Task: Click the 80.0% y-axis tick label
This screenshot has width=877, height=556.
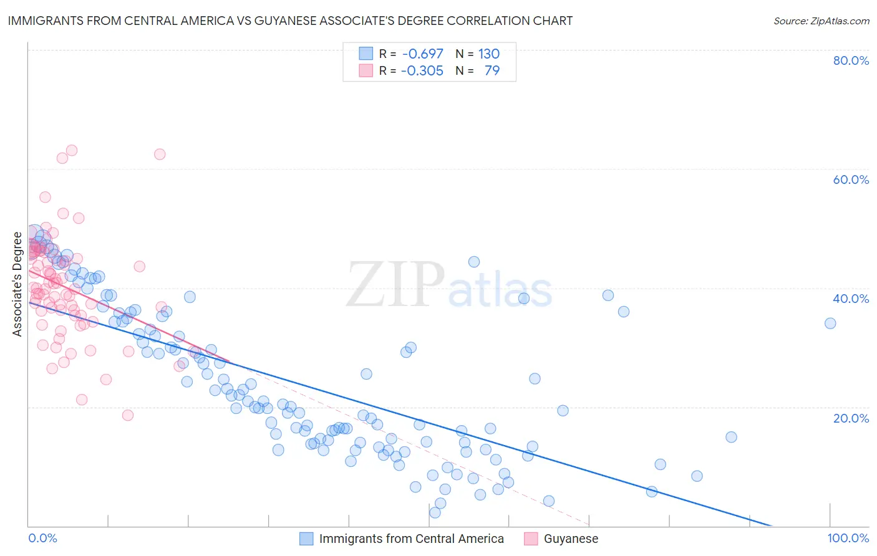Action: pos(851,60)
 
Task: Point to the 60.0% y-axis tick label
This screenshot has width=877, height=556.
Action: pos(851,180)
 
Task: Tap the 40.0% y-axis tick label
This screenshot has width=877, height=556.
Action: pos(851,299)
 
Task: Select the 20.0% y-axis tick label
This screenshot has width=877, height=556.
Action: pos(851,418)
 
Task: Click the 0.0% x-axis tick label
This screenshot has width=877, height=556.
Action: pos(42,538)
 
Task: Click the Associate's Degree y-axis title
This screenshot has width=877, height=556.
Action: pos(17,284)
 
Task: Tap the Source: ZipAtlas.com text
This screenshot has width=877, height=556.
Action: pos(821,21)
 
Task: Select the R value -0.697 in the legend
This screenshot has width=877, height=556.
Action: pos(422,54)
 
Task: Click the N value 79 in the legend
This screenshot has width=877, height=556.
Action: pos(492,70)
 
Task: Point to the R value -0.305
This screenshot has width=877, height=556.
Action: pos(422,70)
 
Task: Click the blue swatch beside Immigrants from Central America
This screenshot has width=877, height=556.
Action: pos(306,539)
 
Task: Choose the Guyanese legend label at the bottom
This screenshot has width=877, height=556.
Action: pos(571,539)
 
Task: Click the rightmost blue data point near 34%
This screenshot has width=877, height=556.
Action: pos(830,323)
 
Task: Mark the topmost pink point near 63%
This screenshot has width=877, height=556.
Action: pos(72,150)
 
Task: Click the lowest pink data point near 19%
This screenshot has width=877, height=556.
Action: pos(128,415)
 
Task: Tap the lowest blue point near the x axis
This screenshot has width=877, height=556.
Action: pos(435,512)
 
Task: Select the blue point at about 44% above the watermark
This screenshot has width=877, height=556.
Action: pos(474,262)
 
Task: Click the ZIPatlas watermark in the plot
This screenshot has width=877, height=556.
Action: pos(449,285)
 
